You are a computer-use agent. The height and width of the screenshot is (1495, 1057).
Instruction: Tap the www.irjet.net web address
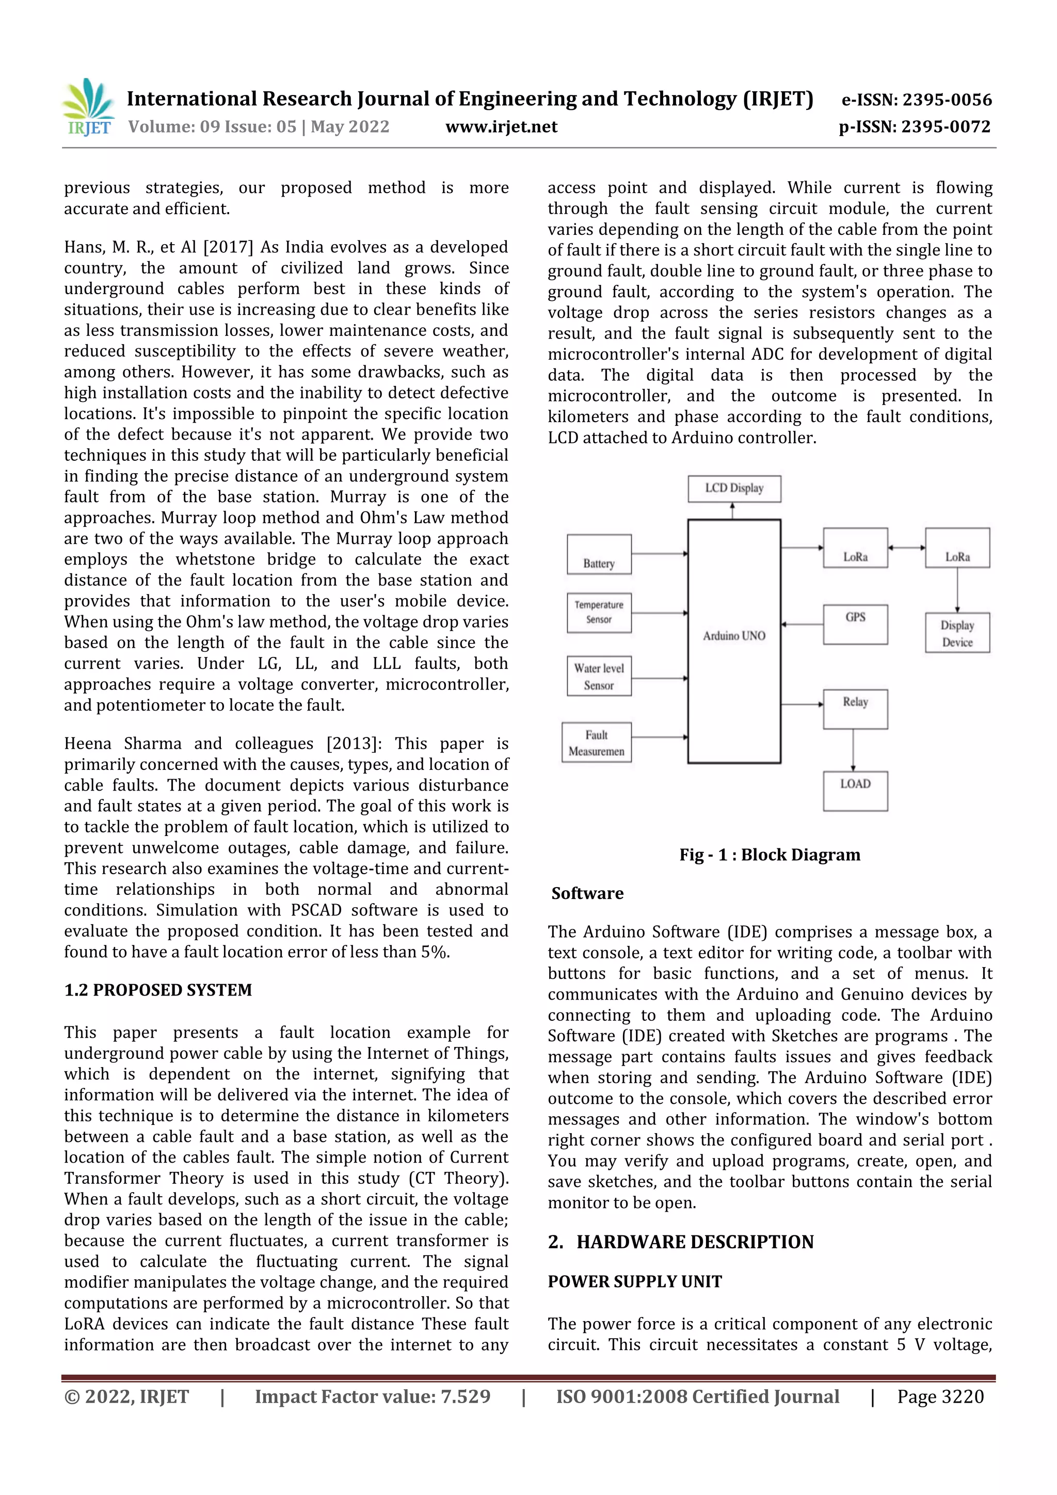click(x=501, y=126)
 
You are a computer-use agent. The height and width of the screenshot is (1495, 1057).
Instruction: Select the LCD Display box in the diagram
click(x=734, y=488)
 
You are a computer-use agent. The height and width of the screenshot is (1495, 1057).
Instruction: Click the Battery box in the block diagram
click(x=599, y=555)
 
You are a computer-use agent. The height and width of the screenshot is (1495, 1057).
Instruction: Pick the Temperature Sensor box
click(x=599, y=612)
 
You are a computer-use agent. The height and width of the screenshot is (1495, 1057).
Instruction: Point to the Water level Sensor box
click(x=599, y=676)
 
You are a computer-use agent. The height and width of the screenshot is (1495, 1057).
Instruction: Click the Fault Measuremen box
click(x=596, y=742)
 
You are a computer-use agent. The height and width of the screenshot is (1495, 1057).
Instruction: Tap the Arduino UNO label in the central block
click(x=734, y=635)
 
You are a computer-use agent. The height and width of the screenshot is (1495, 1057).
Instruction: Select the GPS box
click(x=855, y=624)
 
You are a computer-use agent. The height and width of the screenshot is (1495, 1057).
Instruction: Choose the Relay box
click(x=855, y=709)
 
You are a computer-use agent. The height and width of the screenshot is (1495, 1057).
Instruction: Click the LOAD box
click(x=855, y=791)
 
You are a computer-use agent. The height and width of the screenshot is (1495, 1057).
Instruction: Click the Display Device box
click(x=957, y=633)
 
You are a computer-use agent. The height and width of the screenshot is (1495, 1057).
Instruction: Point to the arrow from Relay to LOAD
click(x=853, y=750)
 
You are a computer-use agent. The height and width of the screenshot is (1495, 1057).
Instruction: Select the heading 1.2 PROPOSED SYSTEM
click(x=157, y=990)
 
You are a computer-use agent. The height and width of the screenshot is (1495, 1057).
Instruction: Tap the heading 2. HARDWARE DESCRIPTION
click(x=681, y=1242)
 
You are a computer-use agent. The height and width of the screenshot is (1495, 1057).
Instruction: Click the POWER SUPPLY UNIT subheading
click(x=634, y=1281)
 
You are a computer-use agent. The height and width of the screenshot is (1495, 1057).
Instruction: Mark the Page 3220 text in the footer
click(x=940, y=1396)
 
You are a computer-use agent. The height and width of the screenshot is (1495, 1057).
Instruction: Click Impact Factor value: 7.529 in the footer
click(x=373, y=1396)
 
